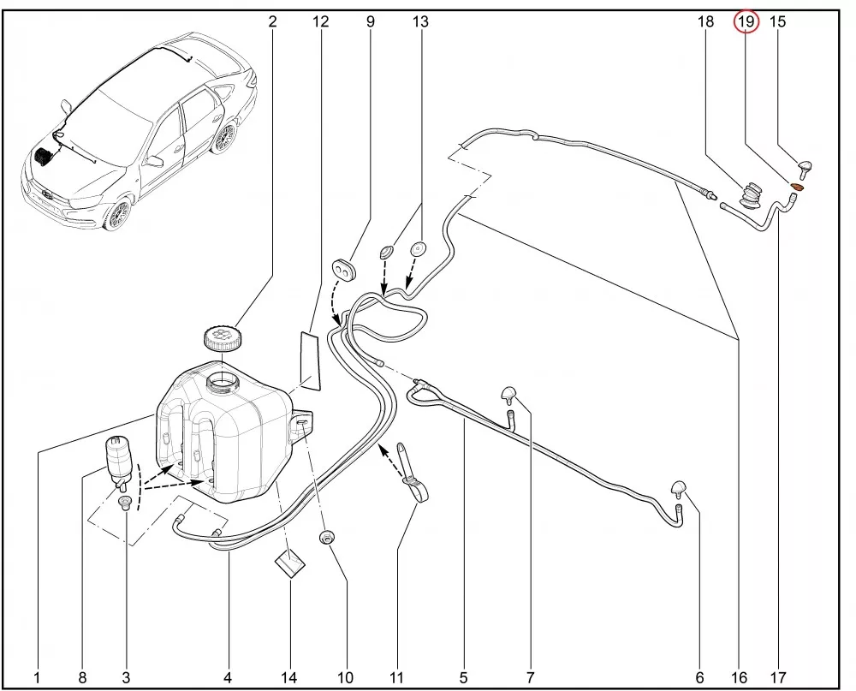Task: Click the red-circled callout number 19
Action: coord(746,22)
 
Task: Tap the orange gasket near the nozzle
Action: coord(798,187)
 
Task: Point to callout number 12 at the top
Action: coord(321,22)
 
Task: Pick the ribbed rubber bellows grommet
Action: coord(750,196)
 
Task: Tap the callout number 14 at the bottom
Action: coord(288,678)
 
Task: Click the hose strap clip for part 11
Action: coord(413,473)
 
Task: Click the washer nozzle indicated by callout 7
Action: coord(509,395)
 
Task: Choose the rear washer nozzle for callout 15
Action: coord(805,170)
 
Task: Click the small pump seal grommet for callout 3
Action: coord(126,503)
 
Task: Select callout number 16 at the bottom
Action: coord(739,678)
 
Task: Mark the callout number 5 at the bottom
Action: coord(463,678)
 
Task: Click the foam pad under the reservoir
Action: coord(289,563)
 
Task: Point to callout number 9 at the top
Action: coord(370,22)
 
